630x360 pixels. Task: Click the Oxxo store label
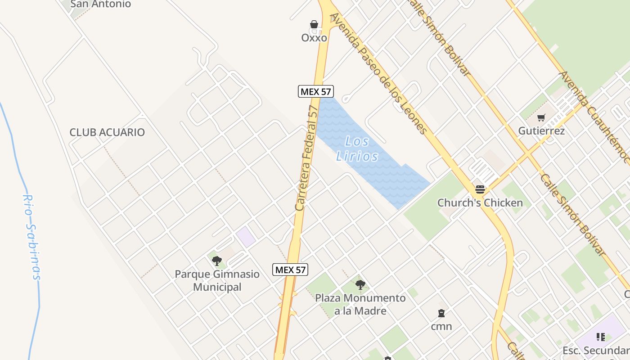tap(314, 38)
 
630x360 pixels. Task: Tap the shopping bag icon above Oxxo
tap(314, 24)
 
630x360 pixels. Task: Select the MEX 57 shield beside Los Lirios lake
tap(315, 91)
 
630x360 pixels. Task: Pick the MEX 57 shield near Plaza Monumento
tap(290, 270)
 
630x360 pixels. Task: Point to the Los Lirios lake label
tap(358, 149)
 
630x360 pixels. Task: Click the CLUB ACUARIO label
tap(107, 132)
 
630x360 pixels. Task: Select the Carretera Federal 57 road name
tap(307, 158)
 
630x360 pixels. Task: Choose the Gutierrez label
tap(541, 131)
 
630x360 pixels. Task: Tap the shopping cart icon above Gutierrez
tap(541, 118)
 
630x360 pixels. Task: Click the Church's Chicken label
tap(480, 203)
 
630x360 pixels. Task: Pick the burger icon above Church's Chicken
tap(480, 189)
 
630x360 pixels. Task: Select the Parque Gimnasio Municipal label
tap(217, 280)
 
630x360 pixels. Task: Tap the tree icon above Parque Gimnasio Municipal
tap(217, 261)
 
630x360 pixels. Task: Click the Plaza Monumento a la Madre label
tap(360, 304)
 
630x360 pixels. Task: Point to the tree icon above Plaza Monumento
tap(360, 284)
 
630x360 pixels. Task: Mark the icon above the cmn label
tap(441, 313)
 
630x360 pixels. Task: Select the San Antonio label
tap(101, 4)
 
